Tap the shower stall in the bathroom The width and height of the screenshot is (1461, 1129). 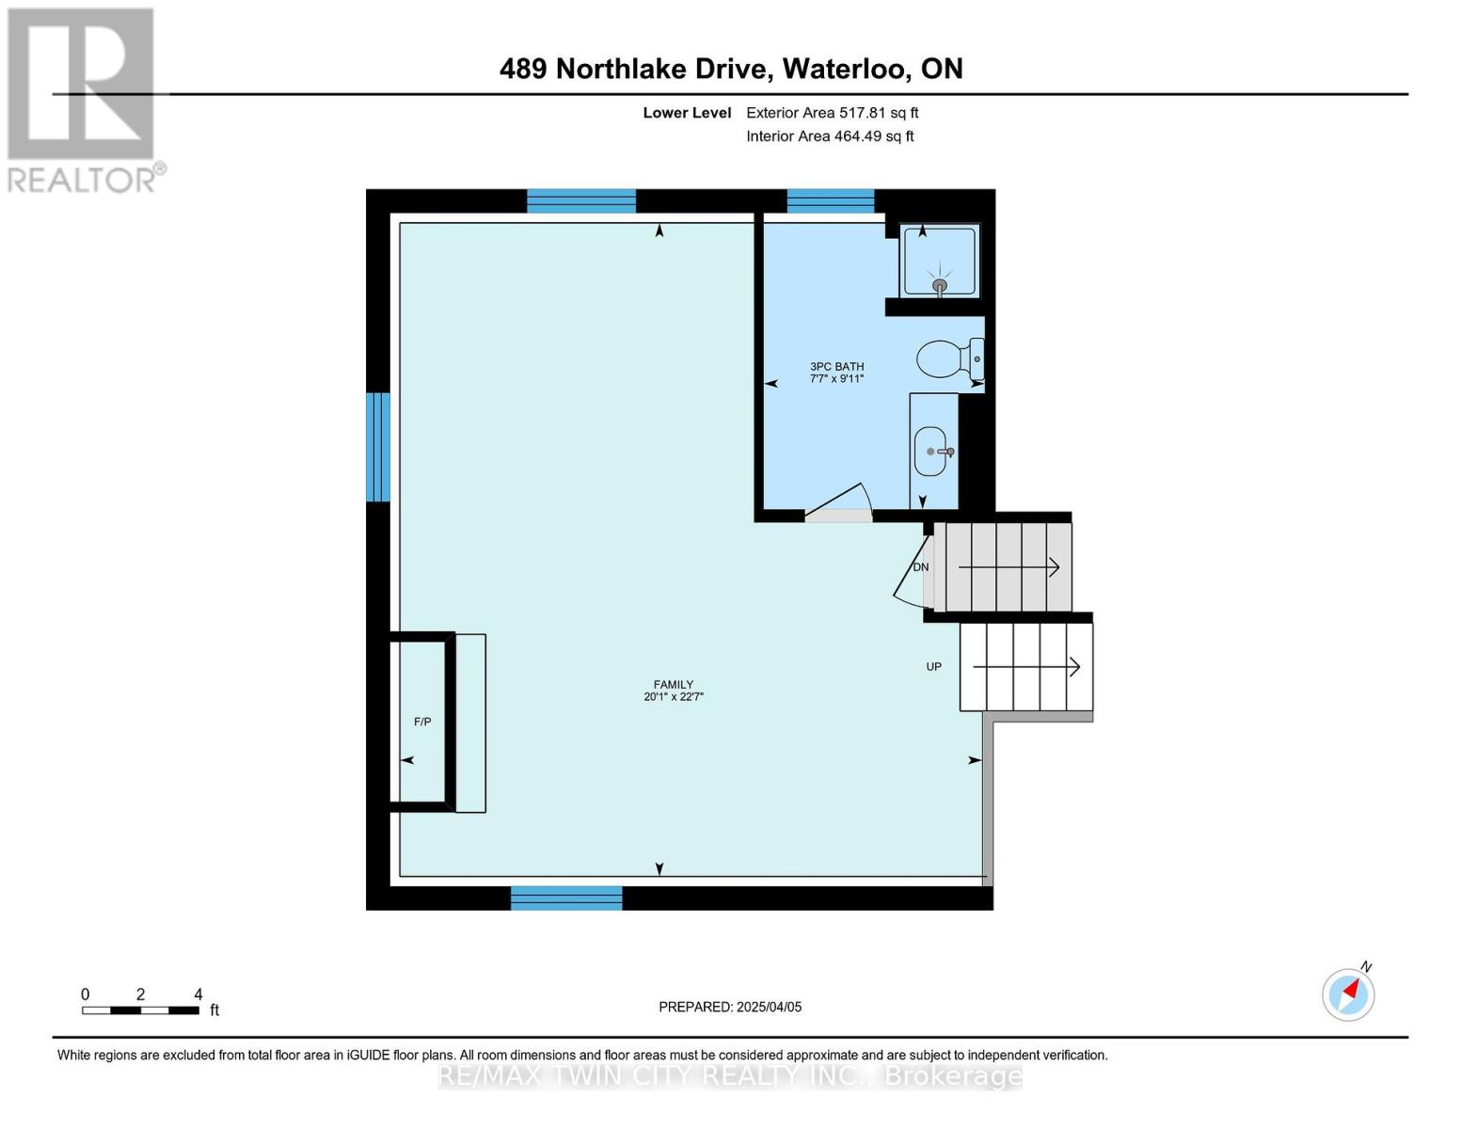pos(939,262)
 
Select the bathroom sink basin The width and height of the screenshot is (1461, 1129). pos(931,452)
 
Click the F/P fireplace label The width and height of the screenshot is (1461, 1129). pos(422,722)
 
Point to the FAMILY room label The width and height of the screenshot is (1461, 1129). pos(673,685)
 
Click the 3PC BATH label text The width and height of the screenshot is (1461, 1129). pos(836,367)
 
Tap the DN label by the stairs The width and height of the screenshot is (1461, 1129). pos(920,567)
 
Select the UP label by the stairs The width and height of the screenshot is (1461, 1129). pos(933,667)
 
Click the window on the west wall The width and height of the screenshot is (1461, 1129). pos(377,447)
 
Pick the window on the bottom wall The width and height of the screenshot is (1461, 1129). pos(566,898)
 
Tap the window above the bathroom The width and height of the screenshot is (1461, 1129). pos(830,200)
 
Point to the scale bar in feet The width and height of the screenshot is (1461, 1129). pos(140,1010)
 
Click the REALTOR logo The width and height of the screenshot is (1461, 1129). pos(83,100)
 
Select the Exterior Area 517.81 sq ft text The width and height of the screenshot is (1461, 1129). pos(832,113)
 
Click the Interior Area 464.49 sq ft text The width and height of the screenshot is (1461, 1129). pos(830,136)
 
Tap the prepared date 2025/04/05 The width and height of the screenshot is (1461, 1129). pos(769,1007)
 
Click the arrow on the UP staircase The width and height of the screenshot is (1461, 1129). pos(1026,667)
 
